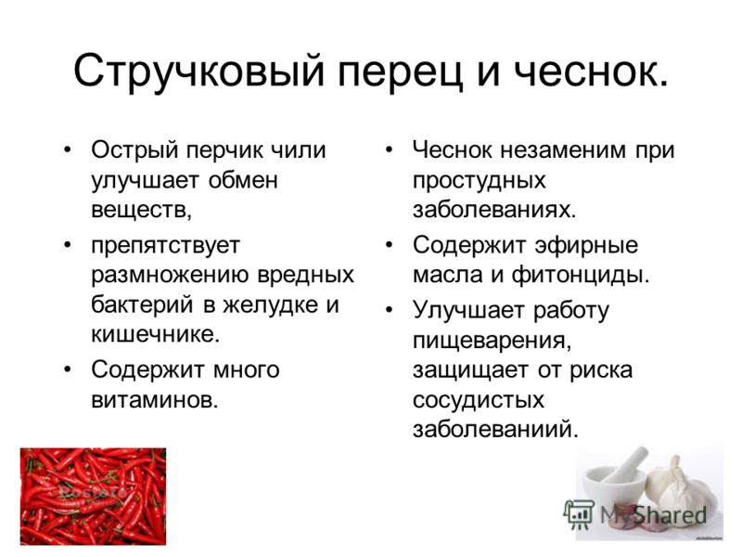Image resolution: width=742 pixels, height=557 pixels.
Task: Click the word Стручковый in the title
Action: (x=199, y=71)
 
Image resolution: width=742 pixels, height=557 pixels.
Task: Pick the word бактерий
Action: (x=143, y=304)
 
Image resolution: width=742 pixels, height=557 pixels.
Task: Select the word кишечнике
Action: (x=156, y=334)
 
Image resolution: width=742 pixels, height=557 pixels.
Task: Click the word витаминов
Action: (x=155, y=400)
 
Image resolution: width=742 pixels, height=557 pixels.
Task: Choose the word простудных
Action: (x=480, y=181)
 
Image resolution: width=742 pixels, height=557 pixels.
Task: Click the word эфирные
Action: (x=586, y=246)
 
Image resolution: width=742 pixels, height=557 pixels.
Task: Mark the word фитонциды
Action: (x=581, y=276)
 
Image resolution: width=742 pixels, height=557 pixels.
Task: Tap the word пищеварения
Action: (x=493, y=341)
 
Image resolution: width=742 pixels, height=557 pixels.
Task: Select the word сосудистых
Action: (x=479, y=400)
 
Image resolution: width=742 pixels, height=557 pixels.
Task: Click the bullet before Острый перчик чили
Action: (x=67, y=150)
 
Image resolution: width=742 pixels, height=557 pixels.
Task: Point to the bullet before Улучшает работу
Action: (x=389, y=311)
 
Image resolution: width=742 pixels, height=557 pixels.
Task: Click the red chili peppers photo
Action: (x=93, y=496)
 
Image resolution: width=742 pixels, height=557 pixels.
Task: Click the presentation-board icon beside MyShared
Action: (x=579, y=514)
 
